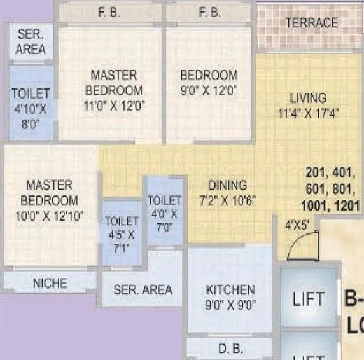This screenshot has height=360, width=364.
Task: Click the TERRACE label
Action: [311, 23]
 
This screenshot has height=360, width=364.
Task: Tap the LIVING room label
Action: [308, 99]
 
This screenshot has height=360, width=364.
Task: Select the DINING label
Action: [227, 186]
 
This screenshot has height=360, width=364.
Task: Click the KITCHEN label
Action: [230, 290]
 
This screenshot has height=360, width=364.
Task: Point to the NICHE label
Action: [50, 283]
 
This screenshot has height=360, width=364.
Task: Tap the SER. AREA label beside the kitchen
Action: [143, 290]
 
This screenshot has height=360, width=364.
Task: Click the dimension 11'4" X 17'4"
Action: [308, 114]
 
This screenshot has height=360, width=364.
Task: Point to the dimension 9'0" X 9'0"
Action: [230, 305]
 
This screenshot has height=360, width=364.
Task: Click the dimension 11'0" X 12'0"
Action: [114, 106]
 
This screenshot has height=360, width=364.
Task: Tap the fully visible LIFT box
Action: [309, 299]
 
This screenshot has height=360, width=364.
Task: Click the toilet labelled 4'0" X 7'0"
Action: [165, 214]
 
